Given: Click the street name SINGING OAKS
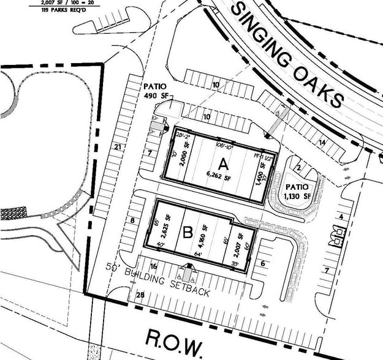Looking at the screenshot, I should coord(289,54).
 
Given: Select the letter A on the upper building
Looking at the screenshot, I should coord(223,164).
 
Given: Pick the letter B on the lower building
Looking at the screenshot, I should coord(188,232).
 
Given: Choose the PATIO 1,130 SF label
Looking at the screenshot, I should coord(297,190).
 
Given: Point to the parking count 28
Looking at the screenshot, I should coord(140,296).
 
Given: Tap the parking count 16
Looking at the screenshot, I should coord(153,266).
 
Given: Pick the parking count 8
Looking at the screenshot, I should coord(132,220).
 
